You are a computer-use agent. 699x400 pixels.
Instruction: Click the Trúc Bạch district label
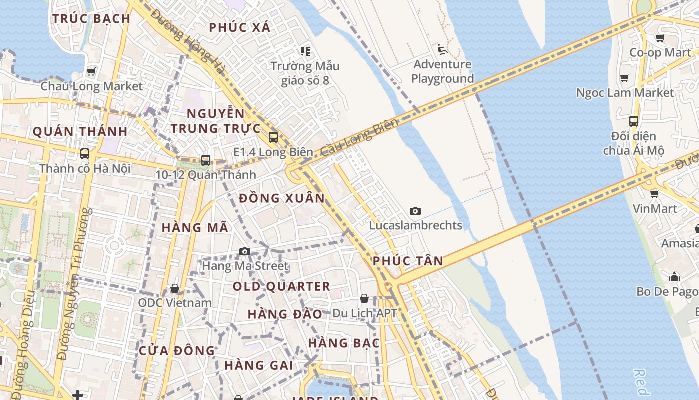coord(91,19)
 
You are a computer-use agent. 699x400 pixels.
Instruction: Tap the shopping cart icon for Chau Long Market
coord(91,71)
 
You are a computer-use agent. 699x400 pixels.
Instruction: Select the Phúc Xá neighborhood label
coord(240,27)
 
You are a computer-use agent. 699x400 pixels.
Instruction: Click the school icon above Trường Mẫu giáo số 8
coord(305,51)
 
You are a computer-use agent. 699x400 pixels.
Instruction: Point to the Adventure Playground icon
coord(442,49)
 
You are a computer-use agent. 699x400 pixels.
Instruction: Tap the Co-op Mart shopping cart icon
coord(660,38)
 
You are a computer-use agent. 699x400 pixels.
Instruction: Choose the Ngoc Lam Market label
coord(625,93)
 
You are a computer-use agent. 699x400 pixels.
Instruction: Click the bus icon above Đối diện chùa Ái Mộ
coord(633,121)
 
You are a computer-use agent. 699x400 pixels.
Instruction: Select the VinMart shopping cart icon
coord(654,194)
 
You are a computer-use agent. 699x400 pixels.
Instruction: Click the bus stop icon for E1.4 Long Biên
coord(273,137)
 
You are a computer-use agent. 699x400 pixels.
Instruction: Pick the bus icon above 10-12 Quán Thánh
coord(205,160)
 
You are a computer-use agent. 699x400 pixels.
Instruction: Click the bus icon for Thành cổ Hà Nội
coord(85,153)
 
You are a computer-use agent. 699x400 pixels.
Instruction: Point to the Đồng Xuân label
coord(282,198)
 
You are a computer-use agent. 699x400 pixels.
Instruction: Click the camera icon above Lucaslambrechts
coord(415,211)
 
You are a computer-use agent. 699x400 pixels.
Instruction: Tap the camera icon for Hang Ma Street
coord(244,251)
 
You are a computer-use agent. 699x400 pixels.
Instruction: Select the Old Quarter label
coord(281,286)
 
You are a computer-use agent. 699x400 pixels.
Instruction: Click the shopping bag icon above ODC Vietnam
coord(174,288)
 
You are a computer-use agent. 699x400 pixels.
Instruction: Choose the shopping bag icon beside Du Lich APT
coord(364,298)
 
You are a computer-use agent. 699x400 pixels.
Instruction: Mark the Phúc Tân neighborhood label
coord(408,261)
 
